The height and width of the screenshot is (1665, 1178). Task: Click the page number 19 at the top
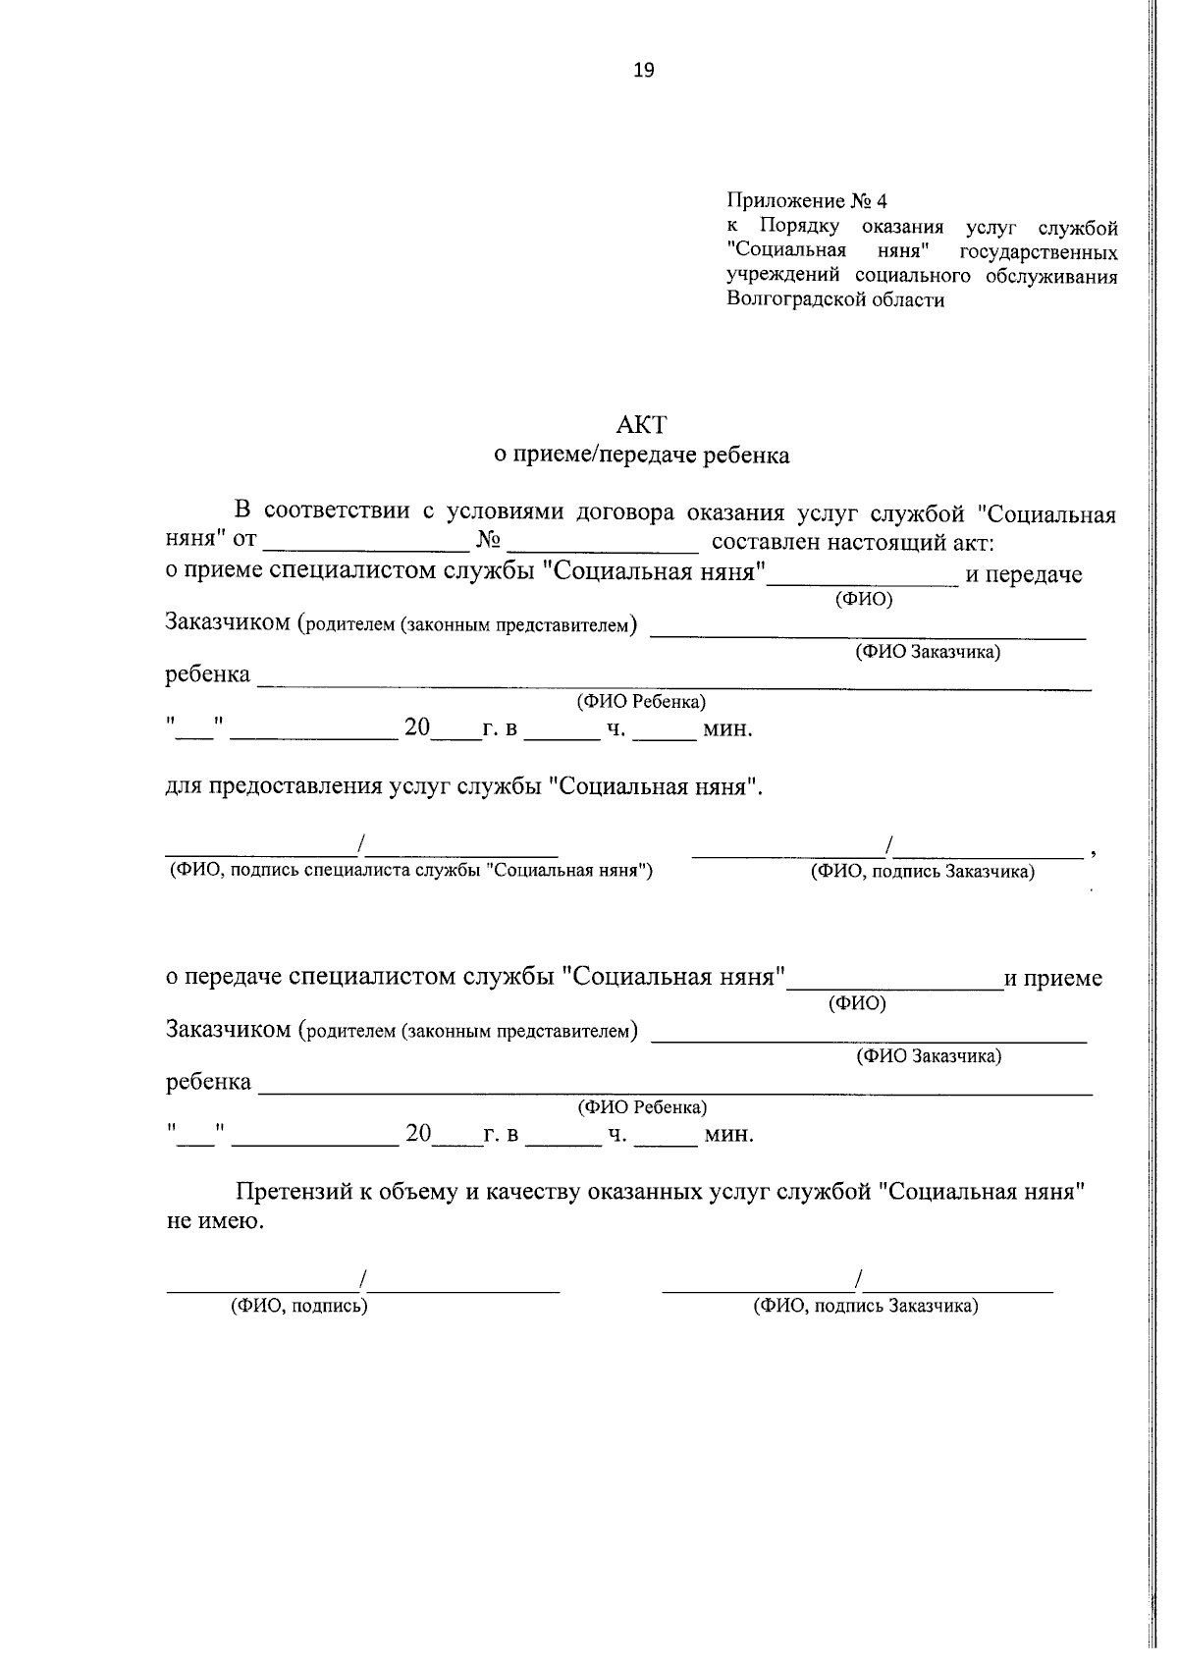644,70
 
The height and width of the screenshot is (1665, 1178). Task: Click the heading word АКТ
641,425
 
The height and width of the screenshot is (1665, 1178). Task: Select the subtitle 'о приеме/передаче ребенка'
641,456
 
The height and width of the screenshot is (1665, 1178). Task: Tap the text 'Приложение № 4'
806,202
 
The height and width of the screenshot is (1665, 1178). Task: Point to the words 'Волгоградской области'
835,300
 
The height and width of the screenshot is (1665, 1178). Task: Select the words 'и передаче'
1024,575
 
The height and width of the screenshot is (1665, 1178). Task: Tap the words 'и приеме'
1052,979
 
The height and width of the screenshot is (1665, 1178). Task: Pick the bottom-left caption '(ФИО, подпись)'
298,1306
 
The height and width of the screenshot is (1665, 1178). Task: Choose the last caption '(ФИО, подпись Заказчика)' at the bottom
866,1306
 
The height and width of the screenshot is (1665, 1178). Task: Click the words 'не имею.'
215,1222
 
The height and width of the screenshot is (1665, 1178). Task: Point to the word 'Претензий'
291,1193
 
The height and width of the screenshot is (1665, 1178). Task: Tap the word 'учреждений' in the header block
784,277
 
